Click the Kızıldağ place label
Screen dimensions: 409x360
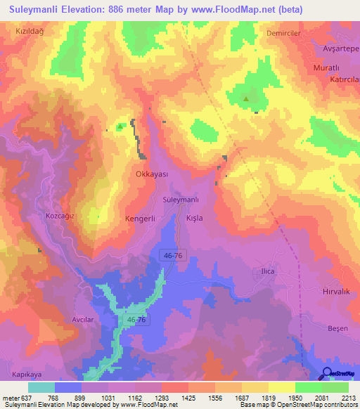30,32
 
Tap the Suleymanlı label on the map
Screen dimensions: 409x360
181,200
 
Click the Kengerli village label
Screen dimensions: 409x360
139,219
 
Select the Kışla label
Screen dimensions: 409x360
194,219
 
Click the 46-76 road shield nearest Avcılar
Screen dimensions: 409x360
137,320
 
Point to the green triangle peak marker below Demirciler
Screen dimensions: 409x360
246,99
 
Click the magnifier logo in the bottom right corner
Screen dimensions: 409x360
328,373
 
